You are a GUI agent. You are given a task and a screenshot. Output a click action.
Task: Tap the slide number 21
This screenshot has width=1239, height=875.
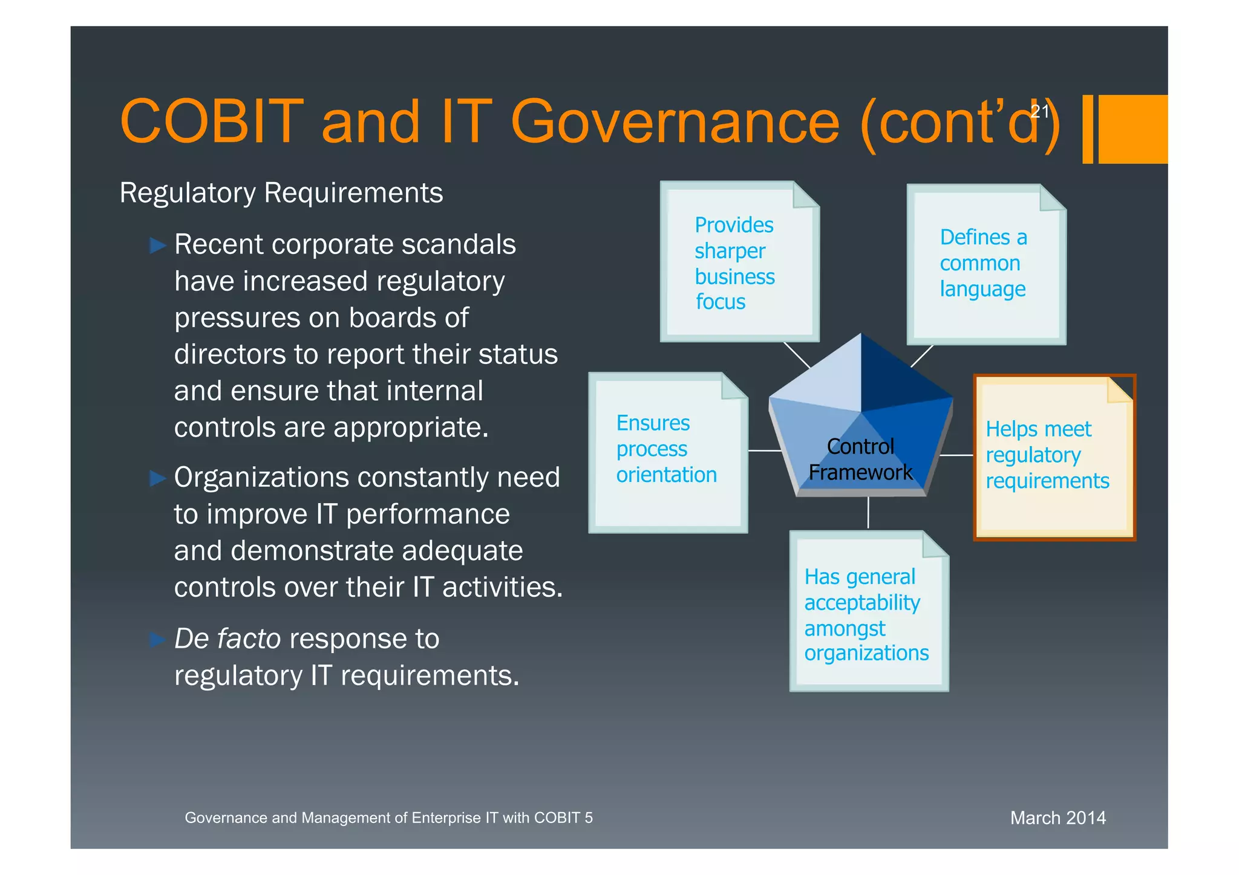tap(1039, 111)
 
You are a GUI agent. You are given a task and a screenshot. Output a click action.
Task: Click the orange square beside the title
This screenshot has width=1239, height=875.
tap(1132, 129)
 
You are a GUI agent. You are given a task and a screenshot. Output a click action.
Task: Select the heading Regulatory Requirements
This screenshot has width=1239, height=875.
tap(281, 194)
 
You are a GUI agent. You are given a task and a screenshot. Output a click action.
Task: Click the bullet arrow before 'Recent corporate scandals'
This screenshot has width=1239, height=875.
tap(157, 246)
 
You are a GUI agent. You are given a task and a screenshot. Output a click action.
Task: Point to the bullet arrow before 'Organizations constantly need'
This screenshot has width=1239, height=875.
tap(157, 479)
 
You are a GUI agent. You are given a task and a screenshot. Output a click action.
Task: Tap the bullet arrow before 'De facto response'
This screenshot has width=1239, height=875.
tap(157, 640)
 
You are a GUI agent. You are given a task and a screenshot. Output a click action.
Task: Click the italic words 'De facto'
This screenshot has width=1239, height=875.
tap(227, 639)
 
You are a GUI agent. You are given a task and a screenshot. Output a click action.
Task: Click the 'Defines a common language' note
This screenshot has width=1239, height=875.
tap(986, 265)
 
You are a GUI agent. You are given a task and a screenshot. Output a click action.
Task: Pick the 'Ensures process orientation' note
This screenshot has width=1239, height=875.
tap(668, 452)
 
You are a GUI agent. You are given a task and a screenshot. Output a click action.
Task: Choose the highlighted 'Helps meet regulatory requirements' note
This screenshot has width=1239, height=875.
tap(1054, 457)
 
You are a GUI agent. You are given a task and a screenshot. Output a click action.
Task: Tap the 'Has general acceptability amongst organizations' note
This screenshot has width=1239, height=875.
tap(869, 611)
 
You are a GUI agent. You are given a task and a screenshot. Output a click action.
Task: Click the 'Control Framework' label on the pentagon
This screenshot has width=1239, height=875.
tap(860, 460)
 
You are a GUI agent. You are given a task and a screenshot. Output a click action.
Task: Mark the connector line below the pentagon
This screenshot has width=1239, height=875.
tap(868, 513)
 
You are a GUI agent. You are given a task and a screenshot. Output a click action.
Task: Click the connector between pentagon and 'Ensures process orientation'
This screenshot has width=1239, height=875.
tap(765, 451)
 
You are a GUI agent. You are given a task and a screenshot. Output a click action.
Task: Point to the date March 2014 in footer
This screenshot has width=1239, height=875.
tap(1058, 818)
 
